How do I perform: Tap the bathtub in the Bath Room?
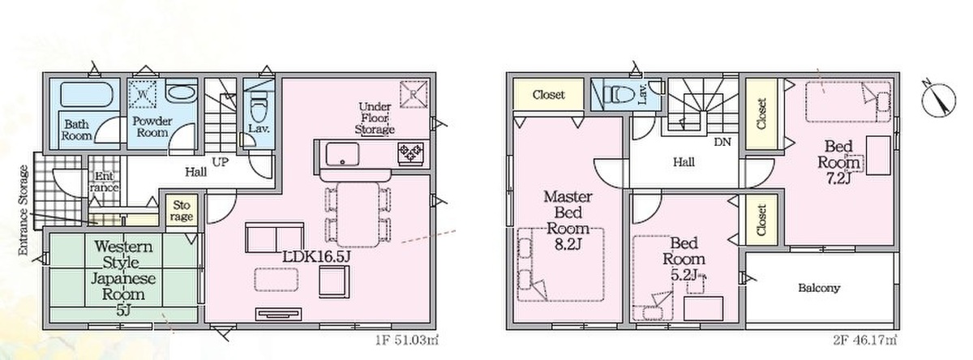[x=87, y=94]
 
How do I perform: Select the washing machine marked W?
[x=142, y=94]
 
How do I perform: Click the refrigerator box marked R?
[x=413, y=94]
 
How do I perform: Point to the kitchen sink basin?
[x=343, y=155]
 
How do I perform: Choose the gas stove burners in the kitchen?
[x=410, y=154]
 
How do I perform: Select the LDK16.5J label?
[x=316, y=257]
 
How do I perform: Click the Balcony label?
[x=819, y=288]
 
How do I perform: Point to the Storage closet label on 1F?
[x=182, y=210]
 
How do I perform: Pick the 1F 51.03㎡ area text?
[x=407, y=339]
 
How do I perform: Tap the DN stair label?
[x=722, y=142]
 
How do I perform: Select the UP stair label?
[x=221, y=162]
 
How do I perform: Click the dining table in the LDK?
[x=358, y=215]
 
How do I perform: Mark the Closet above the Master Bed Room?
[x=549, y=95]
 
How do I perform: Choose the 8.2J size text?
[x=568, y=245]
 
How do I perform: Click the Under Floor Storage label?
[x=375, y=118]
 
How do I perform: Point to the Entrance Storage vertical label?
[x=24, y=210]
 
